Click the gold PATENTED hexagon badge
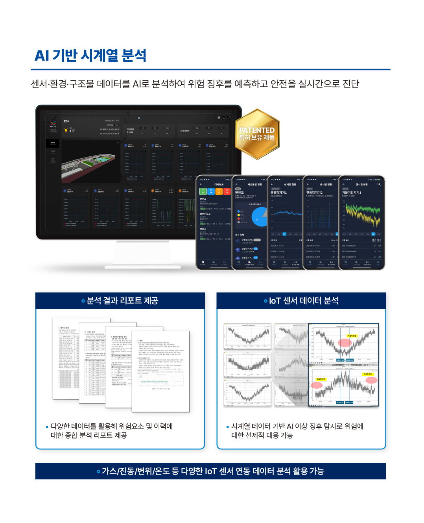pyautogui.click(x=257, y=134)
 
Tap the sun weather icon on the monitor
pyautogui.click(x=66, y=130)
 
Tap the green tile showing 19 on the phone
pyautogui.click(x=203, y=191)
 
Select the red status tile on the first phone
pyautogui.click(x=227, y=191)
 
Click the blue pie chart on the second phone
pyautogui.click(x=259, y=217)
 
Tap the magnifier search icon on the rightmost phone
pyautogui.click(x=379, y=184)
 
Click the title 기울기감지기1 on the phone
pyautogui.click(x=352, y=193)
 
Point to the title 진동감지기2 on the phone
pyautogui.click(x=314, y=193)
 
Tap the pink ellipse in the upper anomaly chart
pyautogui.click(x=345, y=342)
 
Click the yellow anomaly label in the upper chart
pyautogui.click(x=352, y=336)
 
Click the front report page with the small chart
pyautogui.click(x=160, y=371)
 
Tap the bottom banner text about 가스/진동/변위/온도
pyautogui.click(x=212, y=471)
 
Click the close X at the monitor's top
pyautogui.click(x=139, y=118)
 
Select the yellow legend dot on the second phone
pyautogui.click(x=238, y=215)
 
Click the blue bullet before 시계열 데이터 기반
pyautogui.click(x=227, y=427)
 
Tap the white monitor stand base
pyautogui.click(x=143, y=267)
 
